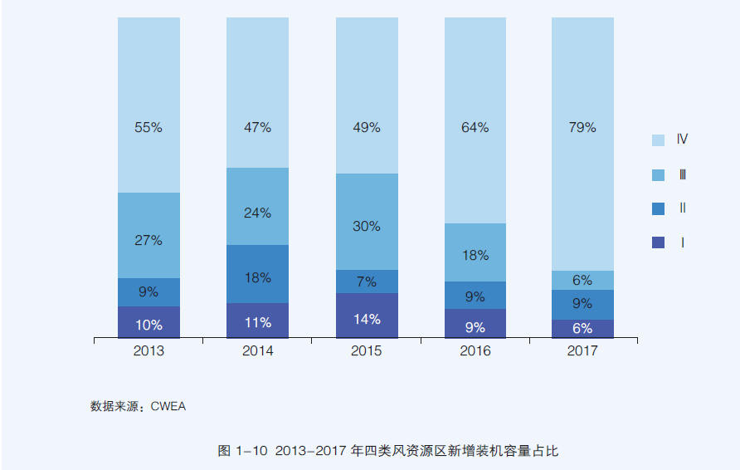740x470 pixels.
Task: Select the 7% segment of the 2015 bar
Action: pyautogui.click(x=366, y=282)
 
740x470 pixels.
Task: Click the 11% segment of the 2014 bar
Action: pyautogui.click(x=257, y=321)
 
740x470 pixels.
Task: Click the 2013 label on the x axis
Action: pyautogui.click(x=148, y=351)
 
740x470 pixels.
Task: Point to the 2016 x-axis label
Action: pyautogui.click(x=475, y=351)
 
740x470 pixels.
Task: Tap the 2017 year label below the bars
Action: pyautogui.click(x=582, y=351)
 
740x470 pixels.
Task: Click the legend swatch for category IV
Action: pyautogui.click(x=658, y=140)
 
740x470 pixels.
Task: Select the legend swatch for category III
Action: pyautogui.click(x=658, y=175)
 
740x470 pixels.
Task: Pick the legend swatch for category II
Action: pyautogui.click(x=658, y=209)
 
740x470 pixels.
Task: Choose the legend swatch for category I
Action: pyautogui.click(x=658, y=243)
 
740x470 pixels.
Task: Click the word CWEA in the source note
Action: pyautogui.click(x=168, y=407)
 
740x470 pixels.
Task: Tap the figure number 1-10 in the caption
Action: pyautogui.click(x=251, y=451)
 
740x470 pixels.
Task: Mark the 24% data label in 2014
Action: pyautogui.click(x=257, y=213)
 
